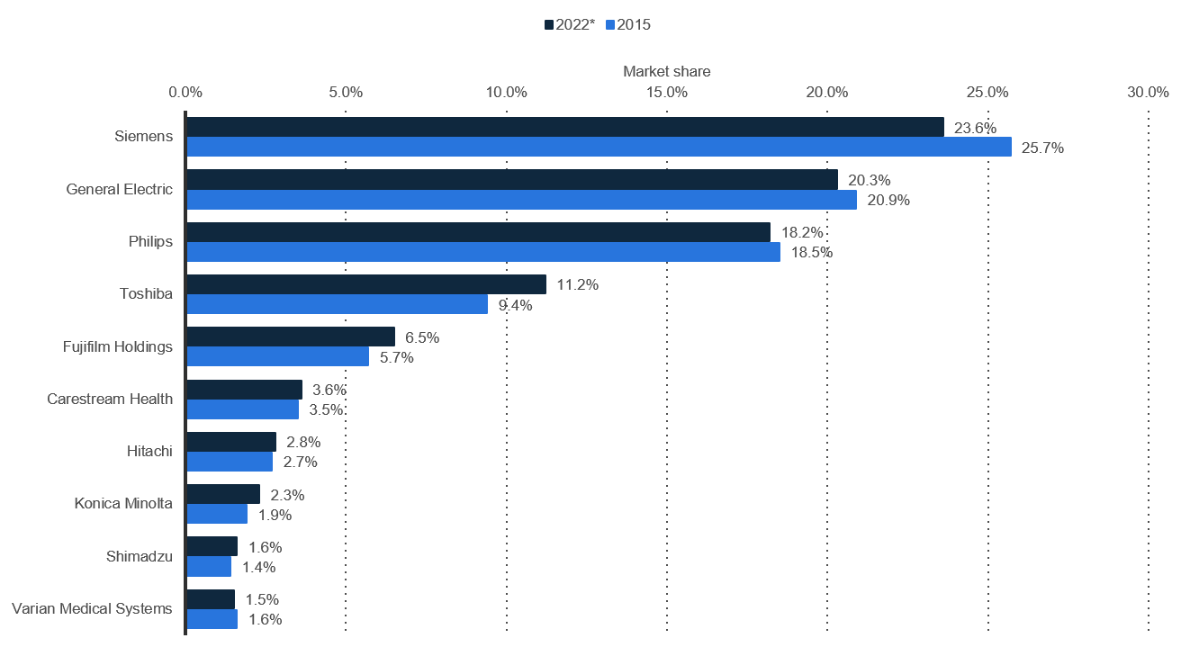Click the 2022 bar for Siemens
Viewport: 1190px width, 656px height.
(x=565, y=127)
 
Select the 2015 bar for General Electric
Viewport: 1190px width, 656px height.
(x=522, y=200)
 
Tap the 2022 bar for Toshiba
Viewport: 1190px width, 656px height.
(x=366, y=284)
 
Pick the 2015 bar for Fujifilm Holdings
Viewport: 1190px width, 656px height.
(x=278, y=356)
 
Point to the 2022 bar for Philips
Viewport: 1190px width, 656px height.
(x=479, y=232)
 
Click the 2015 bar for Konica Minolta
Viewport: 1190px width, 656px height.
(x=217, y=514)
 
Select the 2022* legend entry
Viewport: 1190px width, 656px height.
(x=570, y=24)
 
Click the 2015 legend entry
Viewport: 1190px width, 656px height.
(x=628, y=24)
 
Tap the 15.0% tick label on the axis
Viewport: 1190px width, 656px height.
(x=667, y=93)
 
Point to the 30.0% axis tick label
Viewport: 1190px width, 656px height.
(x=1148, y=93)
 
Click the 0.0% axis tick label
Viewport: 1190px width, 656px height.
(x=185, y=93)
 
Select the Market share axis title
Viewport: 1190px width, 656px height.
(x=667, y=71)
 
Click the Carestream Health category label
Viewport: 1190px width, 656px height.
(x=110, y=399)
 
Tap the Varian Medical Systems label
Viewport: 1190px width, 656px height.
(x=92, y=608)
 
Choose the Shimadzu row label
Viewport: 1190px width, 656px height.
(x=140, y=556)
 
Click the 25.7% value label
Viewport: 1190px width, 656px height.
(x=1042, y=148)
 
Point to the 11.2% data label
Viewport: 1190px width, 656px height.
(x=578, y=284)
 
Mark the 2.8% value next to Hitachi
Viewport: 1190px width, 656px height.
(x=303, y=442)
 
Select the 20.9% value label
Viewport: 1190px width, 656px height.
(x=888, y=201)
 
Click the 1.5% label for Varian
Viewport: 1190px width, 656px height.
(x=262, y=599)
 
